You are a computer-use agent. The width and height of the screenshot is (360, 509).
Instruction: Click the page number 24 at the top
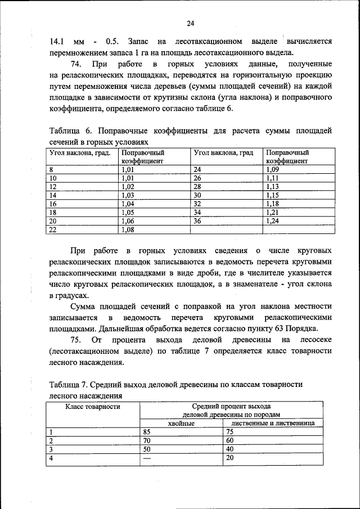coord(190,23)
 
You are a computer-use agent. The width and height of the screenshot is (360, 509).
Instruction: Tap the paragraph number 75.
coord(77,340)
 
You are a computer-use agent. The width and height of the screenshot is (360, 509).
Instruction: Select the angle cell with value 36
coord(197,221)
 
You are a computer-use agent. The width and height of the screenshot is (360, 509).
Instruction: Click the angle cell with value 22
coord(54,229)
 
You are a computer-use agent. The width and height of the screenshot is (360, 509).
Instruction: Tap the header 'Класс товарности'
coord(92,406)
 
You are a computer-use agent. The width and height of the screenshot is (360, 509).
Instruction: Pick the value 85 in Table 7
coord(147,432)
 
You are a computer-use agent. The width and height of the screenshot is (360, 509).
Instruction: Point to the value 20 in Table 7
coord(229,458)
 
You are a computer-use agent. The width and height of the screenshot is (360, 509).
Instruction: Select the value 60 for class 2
coord(229,440)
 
